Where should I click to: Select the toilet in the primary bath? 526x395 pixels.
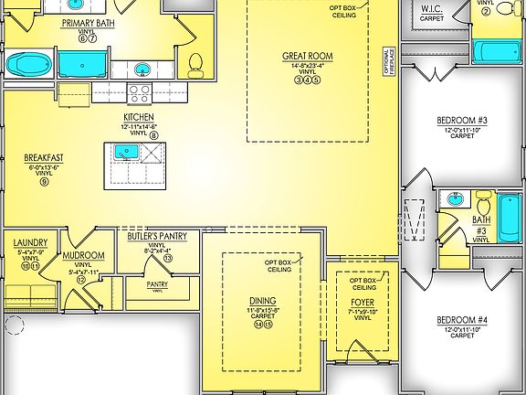(x=195, y=63)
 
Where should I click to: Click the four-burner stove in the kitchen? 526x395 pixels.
(x=140, y=91)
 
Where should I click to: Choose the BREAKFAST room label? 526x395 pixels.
(x=43, y=157)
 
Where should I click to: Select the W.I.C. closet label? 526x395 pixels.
(x=432, y=9)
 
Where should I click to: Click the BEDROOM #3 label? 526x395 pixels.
(x=461, y=120)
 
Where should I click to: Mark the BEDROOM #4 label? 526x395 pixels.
(x=461, y=319)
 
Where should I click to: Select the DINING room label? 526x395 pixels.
(x=263, y=301)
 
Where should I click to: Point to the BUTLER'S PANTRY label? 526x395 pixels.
(x=156, y=236)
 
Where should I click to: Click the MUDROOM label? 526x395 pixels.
(x=83, y=257)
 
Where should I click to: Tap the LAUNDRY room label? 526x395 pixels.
(x=31, y=243)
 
